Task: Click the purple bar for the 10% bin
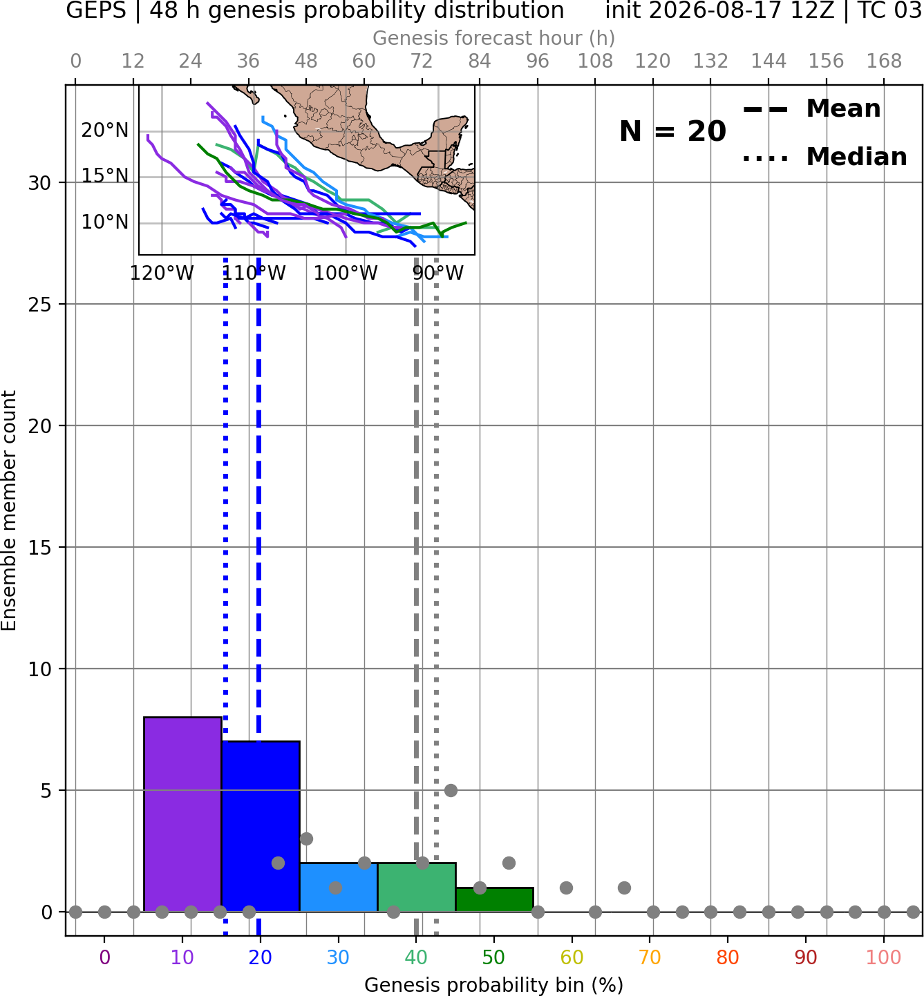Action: (182, 814)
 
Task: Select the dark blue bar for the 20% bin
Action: (261, 827)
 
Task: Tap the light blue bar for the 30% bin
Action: (339, 888)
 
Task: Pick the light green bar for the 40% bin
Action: (417, 888)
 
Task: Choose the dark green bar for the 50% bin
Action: (494, 900)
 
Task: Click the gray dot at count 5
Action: (451, 790)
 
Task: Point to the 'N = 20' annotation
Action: (672, 131)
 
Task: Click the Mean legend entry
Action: (811, 109)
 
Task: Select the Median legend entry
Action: (824, 157)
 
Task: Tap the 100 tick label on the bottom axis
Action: (883, 957)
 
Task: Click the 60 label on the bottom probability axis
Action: (572, 957)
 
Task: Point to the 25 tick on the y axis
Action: (40, 305)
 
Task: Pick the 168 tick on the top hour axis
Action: (884, 61)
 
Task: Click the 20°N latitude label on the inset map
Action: (105, 131)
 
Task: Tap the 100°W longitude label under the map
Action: (346, 274)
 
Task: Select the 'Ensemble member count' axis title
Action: (8, 510)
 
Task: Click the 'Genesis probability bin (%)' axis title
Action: (494, 985)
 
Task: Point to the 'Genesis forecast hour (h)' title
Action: (494, 38)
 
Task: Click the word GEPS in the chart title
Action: (96, 10)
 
